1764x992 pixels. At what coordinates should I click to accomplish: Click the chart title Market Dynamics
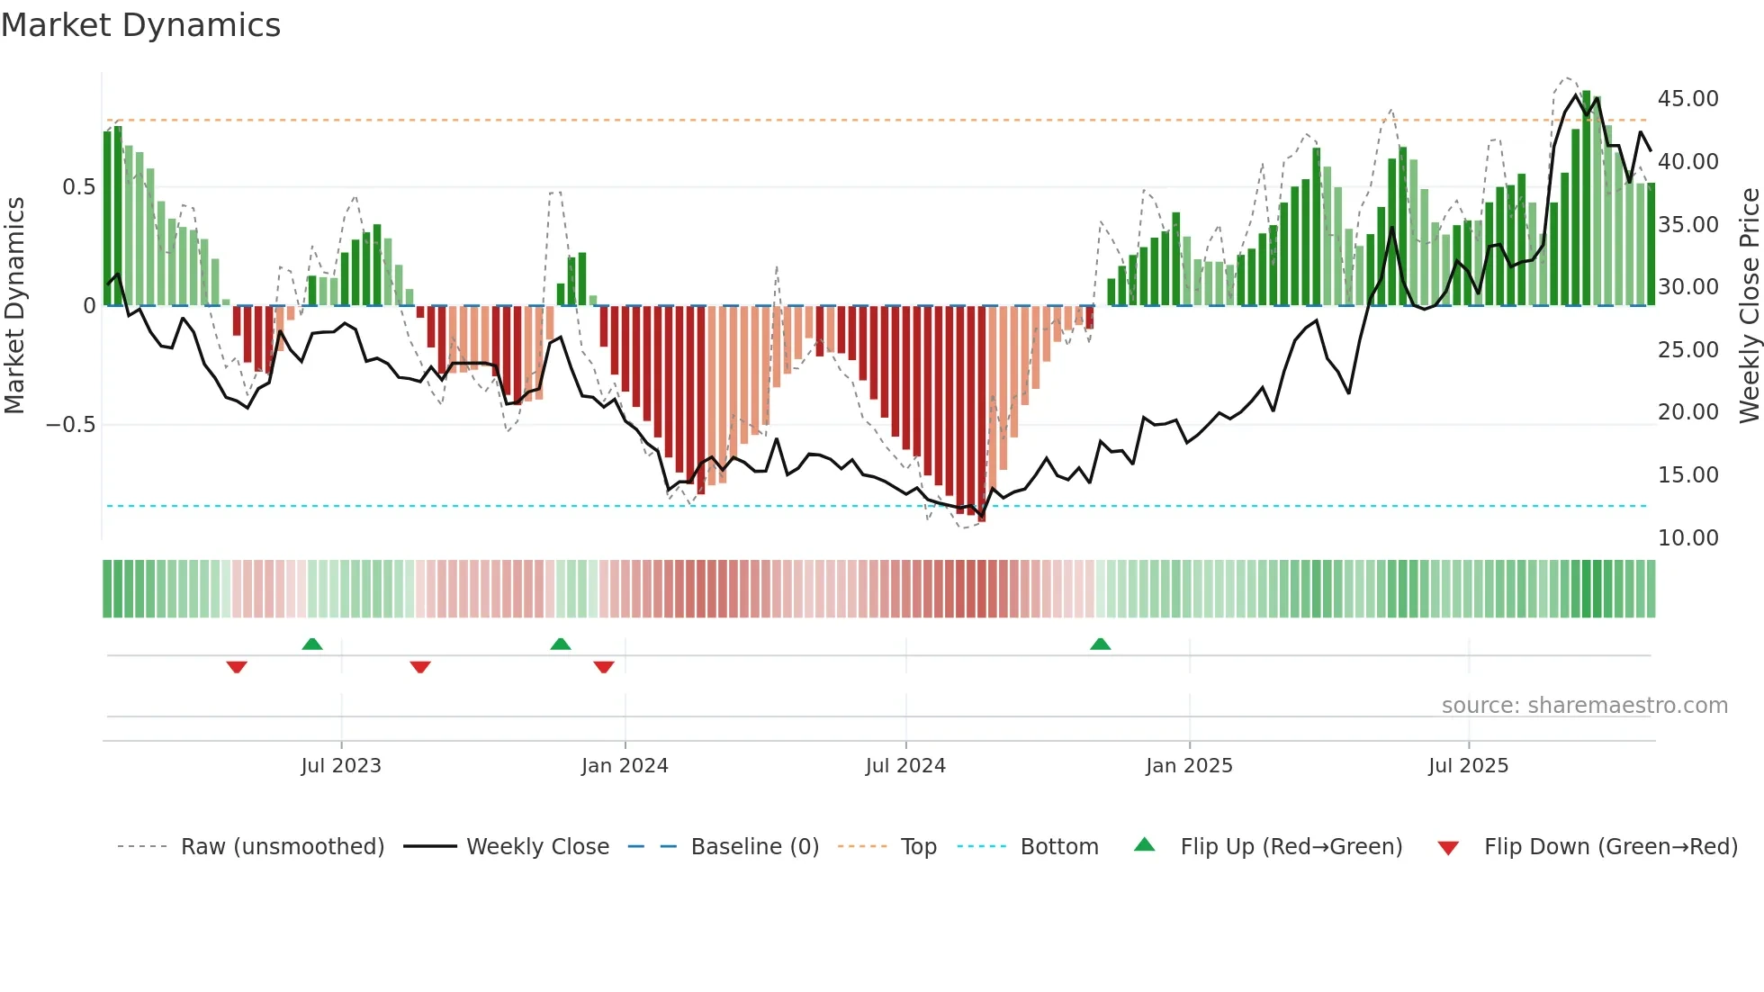(x=140, y=25)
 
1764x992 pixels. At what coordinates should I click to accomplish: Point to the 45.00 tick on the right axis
(x=1687, y=98)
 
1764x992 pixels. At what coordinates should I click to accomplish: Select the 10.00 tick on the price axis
(x=1687, y=537)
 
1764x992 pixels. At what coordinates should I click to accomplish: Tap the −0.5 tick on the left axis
(x=71, y=424)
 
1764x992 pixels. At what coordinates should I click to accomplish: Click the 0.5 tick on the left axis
(x=78, y=186)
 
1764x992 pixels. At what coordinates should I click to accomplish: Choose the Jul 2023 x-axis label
(x=341, y=765)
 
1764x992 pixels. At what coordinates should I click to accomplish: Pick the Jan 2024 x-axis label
(x=625, y=765)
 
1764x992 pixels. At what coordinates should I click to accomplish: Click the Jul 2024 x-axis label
(x=905, y=765)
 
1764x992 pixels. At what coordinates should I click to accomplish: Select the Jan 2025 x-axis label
(x=1189, y=765)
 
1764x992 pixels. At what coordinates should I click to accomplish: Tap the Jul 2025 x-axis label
(x=1468, y=765)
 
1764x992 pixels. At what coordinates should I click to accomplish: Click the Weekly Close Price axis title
(x=1749, y=305)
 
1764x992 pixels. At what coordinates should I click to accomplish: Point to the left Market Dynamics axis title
(x=14, y=305)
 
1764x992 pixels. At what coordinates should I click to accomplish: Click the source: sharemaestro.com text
(x=1584, y=705)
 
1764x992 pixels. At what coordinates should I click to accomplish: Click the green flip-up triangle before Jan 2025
(x=1100, y=644)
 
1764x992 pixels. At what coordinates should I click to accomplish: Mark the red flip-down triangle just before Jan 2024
(x=604, y=667)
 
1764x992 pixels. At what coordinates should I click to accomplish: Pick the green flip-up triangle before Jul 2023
(x=312, y=644)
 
